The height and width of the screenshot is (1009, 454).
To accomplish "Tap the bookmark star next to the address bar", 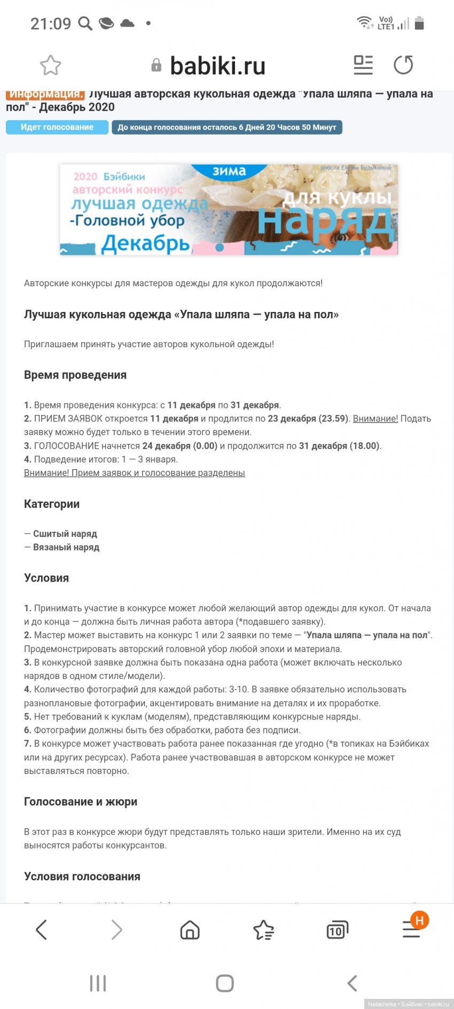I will coord(51,65).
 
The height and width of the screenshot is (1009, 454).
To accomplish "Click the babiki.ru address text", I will coord(217,66).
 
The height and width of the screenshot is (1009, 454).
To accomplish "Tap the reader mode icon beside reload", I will coord(363,65).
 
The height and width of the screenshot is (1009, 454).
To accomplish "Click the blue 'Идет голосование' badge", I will coord(57,127).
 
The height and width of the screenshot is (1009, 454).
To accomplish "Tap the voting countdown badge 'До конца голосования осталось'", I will coord(226,127).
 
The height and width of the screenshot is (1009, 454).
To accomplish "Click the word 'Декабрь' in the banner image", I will coord(145,244).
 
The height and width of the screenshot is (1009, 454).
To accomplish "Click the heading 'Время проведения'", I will coord(75,375).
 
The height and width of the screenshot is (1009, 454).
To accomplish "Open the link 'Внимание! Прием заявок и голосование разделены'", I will coord(134,473).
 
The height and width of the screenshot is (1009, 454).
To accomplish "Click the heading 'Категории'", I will coord(52,504).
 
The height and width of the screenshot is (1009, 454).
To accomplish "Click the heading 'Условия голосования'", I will coord(82,877).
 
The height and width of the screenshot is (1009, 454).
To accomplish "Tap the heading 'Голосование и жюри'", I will coord(81,802).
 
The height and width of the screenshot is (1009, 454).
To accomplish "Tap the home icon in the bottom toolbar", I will coord(190,930).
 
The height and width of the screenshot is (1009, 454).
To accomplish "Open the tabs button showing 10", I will coord(337,930).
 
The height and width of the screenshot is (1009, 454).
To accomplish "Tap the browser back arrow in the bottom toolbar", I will coord(41,930).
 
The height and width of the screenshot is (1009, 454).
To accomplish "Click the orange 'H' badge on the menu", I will coord(419,920).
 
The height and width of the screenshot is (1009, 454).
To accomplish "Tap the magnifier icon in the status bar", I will coord(85,24).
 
